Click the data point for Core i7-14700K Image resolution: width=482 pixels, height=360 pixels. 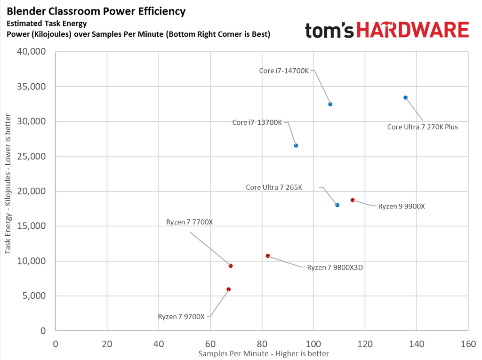pos(330,104)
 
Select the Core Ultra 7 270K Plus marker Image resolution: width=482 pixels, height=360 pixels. pos(405,98)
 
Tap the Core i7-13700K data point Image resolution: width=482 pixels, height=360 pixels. pos(296,145)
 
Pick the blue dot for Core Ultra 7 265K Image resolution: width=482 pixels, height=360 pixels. pos(337,205)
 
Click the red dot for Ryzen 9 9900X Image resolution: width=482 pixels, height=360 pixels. pos(353,200)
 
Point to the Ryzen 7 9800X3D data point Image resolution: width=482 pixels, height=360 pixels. pos(268,256)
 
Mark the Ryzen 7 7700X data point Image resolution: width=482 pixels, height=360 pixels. pos(231,266)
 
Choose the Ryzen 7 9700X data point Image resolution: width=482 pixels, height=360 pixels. pos(228,289)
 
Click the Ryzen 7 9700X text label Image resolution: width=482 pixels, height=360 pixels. pos(181,317)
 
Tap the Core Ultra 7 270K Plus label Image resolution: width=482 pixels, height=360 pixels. pos(422,127)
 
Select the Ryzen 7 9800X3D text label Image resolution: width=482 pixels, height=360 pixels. pos(335,267)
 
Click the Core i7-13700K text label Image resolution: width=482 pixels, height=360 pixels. pos(257,122)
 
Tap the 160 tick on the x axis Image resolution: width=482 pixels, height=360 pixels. pos(468,344)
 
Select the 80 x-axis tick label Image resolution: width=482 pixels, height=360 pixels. pos(262,344)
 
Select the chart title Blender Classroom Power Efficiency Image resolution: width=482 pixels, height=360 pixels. pos(96,11)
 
